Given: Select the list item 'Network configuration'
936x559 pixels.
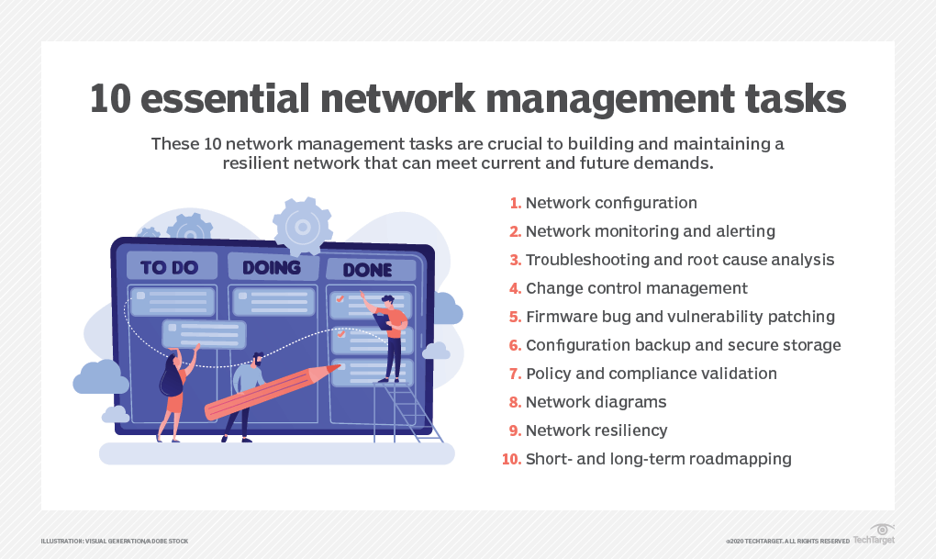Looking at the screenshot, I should point(611,203).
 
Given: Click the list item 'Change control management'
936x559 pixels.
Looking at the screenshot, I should point(636,288).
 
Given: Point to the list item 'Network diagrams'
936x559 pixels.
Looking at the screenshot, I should point(596,402).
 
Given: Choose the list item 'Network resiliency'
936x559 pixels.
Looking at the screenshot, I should point(596,430).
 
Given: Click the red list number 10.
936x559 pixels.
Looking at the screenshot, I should point(511,459).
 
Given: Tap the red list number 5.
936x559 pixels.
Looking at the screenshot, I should point(515,317).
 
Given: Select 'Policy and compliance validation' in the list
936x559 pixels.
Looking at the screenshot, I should point(651,374).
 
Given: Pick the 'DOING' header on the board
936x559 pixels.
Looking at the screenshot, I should point(272,267).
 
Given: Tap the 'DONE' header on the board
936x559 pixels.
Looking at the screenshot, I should point(367,270).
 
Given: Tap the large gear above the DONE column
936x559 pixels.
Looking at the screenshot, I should point(304,224).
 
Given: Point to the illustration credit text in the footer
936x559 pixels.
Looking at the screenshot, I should point(115,542).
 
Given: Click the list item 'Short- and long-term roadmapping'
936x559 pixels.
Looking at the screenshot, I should point(658,459).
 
